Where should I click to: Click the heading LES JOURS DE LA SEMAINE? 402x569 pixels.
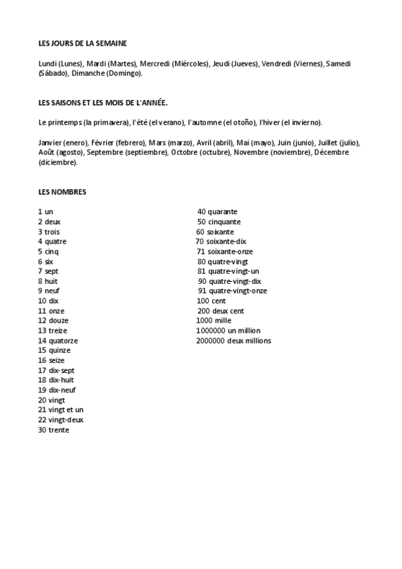83,43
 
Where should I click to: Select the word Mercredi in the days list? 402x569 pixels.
154,64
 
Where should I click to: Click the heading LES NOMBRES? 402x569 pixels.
62,192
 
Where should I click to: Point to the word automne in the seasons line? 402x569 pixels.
202,122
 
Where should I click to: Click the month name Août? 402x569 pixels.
48,152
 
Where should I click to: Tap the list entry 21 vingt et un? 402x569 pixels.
60,409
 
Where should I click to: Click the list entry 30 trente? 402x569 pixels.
54,429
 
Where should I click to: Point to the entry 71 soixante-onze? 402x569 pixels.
222,251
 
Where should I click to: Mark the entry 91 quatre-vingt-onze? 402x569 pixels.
232,291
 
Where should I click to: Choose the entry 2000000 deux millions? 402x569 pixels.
234,340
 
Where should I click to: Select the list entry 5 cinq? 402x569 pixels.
48,251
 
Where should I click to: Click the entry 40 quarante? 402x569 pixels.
217,212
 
